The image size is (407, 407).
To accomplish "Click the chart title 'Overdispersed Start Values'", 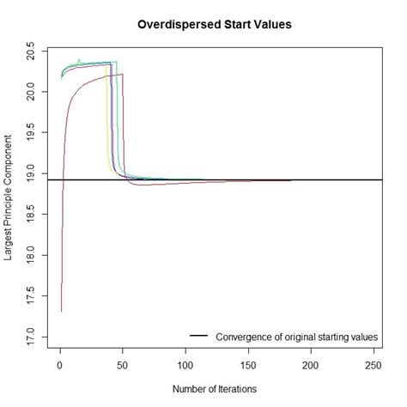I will (215, 25).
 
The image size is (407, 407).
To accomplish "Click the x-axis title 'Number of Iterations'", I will (215, 389).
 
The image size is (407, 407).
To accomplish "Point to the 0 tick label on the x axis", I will (59, 364).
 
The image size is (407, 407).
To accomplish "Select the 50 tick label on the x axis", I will (123, 364).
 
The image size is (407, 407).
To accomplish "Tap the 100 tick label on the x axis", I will (185, 364).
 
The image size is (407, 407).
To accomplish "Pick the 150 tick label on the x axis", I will (249, 364).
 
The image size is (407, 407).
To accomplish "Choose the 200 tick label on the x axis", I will (312, 364).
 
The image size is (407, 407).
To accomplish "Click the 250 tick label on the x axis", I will (374, 364).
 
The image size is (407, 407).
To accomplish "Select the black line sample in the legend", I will (199, 335).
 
